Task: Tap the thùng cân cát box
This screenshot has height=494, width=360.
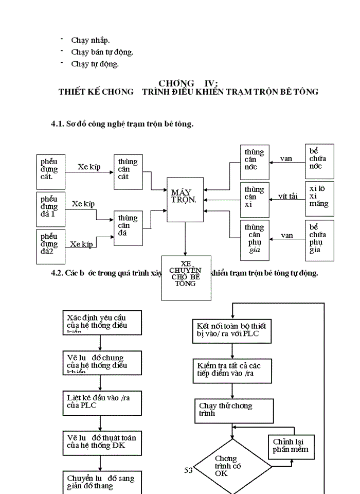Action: [128, 170]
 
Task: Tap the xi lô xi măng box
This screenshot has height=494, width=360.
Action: [319, 197]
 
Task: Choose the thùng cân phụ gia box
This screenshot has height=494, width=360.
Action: [255, 238]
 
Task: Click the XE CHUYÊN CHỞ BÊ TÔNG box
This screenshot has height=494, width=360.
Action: [186, 278]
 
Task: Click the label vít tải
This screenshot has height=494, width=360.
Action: [288, 196]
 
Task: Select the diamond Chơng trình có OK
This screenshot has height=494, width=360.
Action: [232, 466]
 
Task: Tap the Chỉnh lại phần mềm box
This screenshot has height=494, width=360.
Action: [291, 447]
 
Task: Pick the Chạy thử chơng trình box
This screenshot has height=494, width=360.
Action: [232, 410]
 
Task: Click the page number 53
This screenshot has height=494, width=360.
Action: [189, 470]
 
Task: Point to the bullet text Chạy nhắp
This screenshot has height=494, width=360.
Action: [91, 40]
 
